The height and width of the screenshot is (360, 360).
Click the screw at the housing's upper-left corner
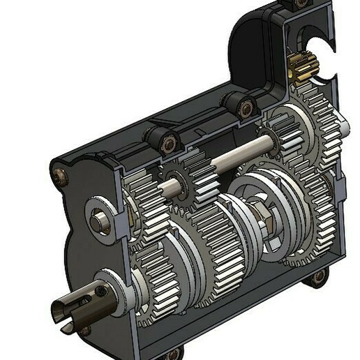58,172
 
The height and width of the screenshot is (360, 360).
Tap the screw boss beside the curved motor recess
243,107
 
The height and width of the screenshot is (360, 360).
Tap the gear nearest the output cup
157,293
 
